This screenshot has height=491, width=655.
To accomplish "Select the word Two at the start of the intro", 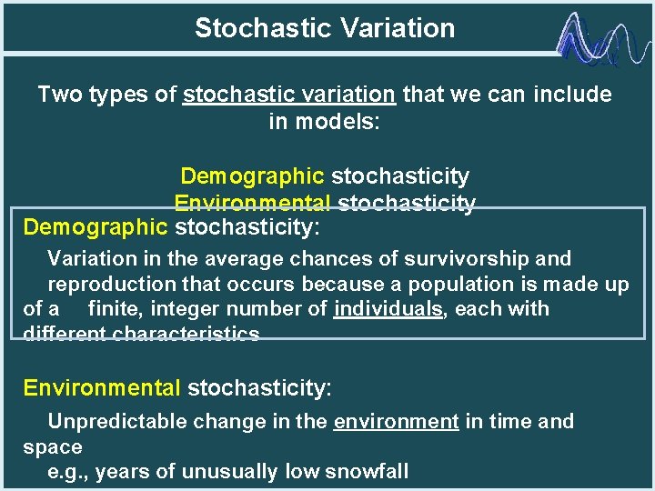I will [x=60, y=95].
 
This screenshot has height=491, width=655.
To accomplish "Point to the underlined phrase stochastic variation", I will [x=288, y=95].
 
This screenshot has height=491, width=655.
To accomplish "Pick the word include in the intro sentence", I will [x=572, y=95].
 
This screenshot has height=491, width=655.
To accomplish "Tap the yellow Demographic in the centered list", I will [x=252, y=175].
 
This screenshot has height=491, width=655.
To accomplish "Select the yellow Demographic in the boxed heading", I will [x=96, y=225].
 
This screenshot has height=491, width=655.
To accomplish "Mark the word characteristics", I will [x=186, y=334].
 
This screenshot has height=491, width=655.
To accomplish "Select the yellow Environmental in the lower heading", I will [x=102, y=389].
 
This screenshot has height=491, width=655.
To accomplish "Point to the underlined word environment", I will [x=396, y=422].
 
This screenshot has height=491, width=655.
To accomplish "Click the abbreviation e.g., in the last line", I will [x=68, y=471].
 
